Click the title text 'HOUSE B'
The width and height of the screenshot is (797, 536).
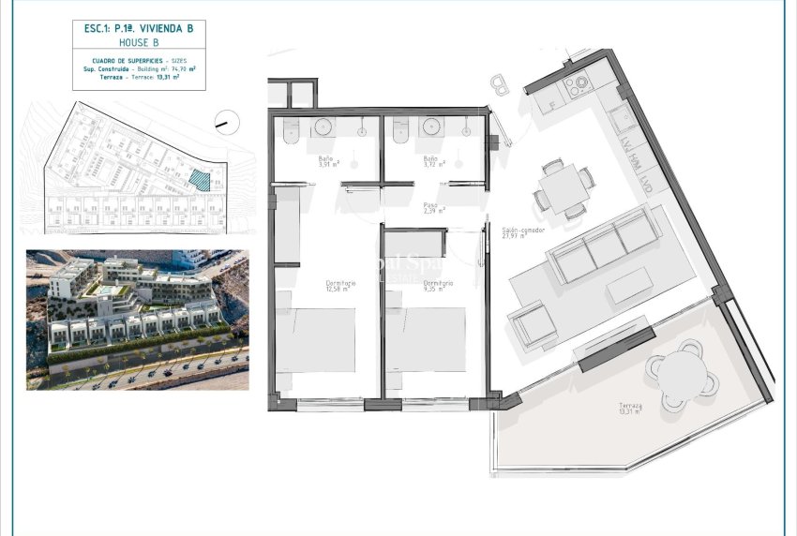(138, 43)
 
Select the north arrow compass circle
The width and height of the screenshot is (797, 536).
(224, 120)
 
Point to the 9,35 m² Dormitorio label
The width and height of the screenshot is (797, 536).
(438, 286)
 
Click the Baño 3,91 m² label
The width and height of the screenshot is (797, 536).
(325, 162)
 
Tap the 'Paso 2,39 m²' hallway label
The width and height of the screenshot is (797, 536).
(431, 208)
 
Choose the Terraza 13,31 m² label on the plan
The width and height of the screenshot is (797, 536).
(630, 409)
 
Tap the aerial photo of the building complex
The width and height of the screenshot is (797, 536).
(137, 320)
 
